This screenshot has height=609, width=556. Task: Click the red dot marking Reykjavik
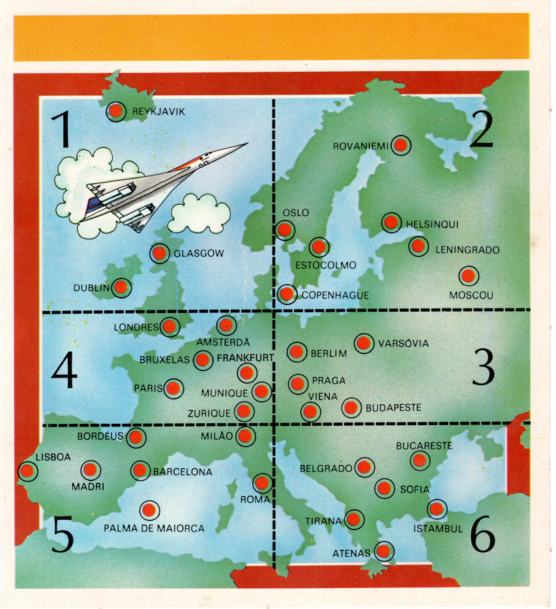tap(116, 111)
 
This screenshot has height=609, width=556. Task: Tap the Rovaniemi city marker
tap(401, 145)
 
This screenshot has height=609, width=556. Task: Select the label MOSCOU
tap(471, 295)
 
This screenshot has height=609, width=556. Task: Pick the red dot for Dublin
tap(121, 288)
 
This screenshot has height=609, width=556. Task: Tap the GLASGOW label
tap(199, 254)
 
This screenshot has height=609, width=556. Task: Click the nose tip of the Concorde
tap(247, 144)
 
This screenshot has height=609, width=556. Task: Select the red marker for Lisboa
tap(27, 471)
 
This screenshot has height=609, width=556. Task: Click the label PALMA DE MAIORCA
tap(154, 528)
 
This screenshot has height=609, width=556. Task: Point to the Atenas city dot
tap(384, 551)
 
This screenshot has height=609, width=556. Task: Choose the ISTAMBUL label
tap(438, 529)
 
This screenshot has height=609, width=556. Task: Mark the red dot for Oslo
tap(285, 230)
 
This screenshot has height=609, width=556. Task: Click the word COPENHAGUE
tap(335, 295)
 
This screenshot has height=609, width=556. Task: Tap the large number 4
tap(64, 370)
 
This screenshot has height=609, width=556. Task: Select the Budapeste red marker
tap(351, 408)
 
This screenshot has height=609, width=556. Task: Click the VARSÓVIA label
tap(403, 344)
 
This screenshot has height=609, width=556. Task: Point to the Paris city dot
tap(173, 389)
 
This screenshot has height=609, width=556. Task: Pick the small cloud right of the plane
tap(199, 213)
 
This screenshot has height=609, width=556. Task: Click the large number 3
tap(484, 366)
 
